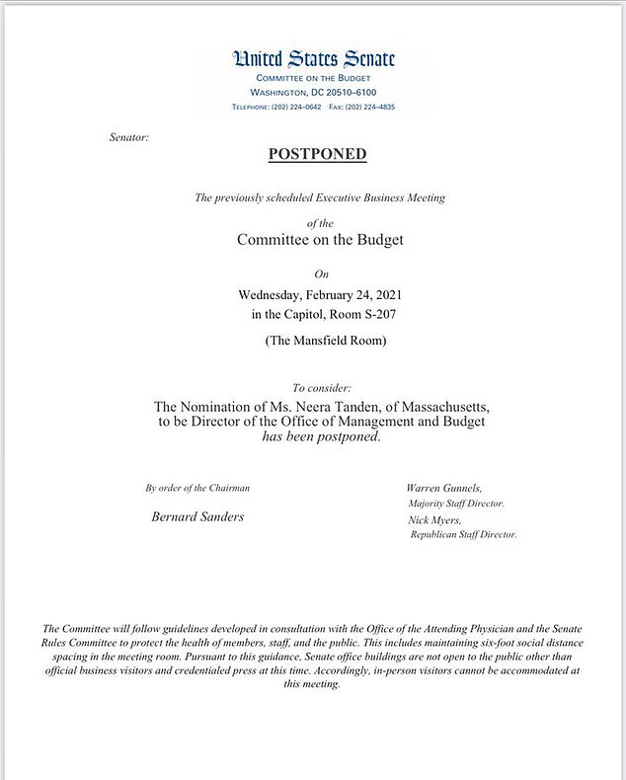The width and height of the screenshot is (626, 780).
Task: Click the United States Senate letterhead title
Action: coord(313,59)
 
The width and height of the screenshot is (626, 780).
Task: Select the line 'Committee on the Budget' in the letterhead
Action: coord(313,78)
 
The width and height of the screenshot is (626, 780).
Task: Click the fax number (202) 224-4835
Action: coord(369,106)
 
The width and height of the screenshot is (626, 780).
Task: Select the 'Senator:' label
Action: coord(128,137)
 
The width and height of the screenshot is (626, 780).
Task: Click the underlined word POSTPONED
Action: coord(317,154)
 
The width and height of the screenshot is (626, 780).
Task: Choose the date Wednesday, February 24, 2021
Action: coord(319,294)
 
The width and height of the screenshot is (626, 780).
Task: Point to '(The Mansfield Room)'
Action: coord(320,341)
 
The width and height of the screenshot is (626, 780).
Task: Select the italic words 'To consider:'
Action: coord(321,389)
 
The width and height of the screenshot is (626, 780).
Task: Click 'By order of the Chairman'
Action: coord(197,488)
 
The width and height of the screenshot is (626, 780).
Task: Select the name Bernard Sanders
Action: coord(197,516)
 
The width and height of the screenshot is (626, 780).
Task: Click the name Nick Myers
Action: coord(433,519)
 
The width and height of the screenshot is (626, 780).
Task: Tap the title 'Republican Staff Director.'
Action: coord(464,534)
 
